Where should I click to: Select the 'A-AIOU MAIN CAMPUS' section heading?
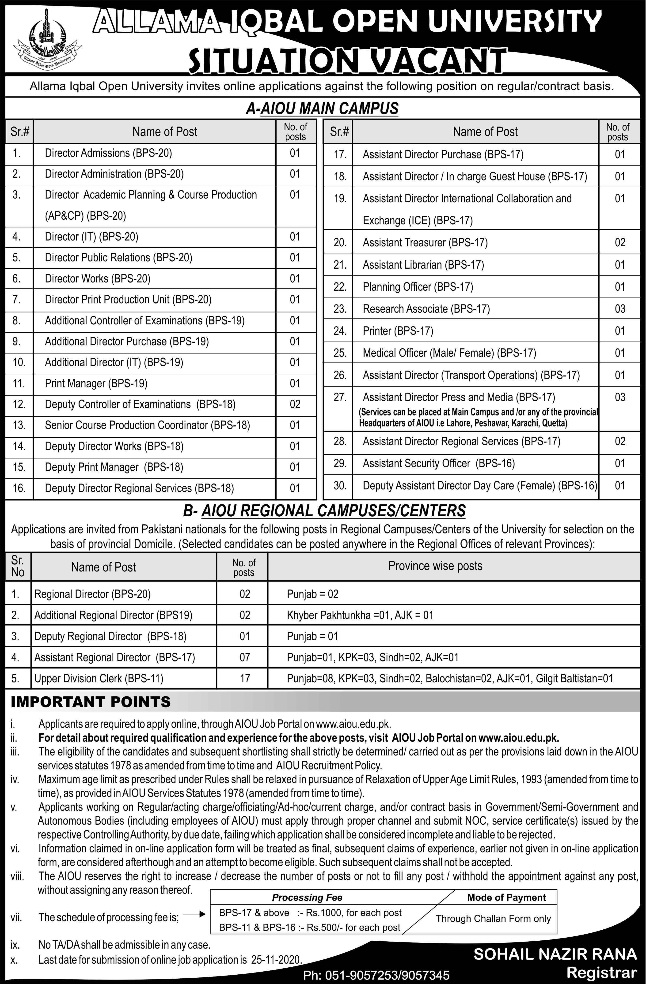click(x=322, y=108)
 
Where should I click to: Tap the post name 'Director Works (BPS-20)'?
click(x=98, y=279)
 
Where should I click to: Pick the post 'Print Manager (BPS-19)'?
click(x=96, y=383)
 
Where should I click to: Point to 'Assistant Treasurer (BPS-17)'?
click(x=425, y=242)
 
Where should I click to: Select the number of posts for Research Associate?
click(x=619, y=309)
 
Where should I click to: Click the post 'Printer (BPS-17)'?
click(x=398, y=331)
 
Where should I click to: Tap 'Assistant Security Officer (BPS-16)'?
click(x=439, y=463)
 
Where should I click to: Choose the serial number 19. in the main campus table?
click(x=340, y=199)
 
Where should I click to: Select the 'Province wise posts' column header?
click(x=435, y=566)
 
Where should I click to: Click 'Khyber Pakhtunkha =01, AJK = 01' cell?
click(x=360, y=615)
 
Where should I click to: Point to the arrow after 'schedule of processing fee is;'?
click(x=194, y=915)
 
